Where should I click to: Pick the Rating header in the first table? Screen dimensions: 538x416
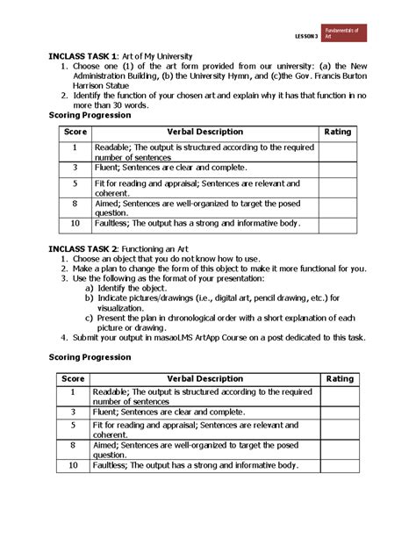tap(338, 132)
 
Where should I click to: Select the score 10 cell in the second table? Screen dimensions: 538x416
tap(75, 465)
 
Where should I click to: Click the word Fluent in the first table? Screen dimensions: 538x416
tap(110, 167)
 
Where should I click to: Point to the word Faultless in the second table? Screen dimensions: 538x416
tap(115, 465)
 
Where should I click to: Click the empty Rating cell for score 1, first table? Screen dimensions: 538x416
tap(338, 151)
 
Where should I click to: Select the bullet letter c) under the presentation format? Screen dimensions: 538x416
tap(89, 318)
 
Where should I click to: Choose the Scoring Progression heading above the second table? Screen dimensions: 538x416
tap(90, 357)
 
